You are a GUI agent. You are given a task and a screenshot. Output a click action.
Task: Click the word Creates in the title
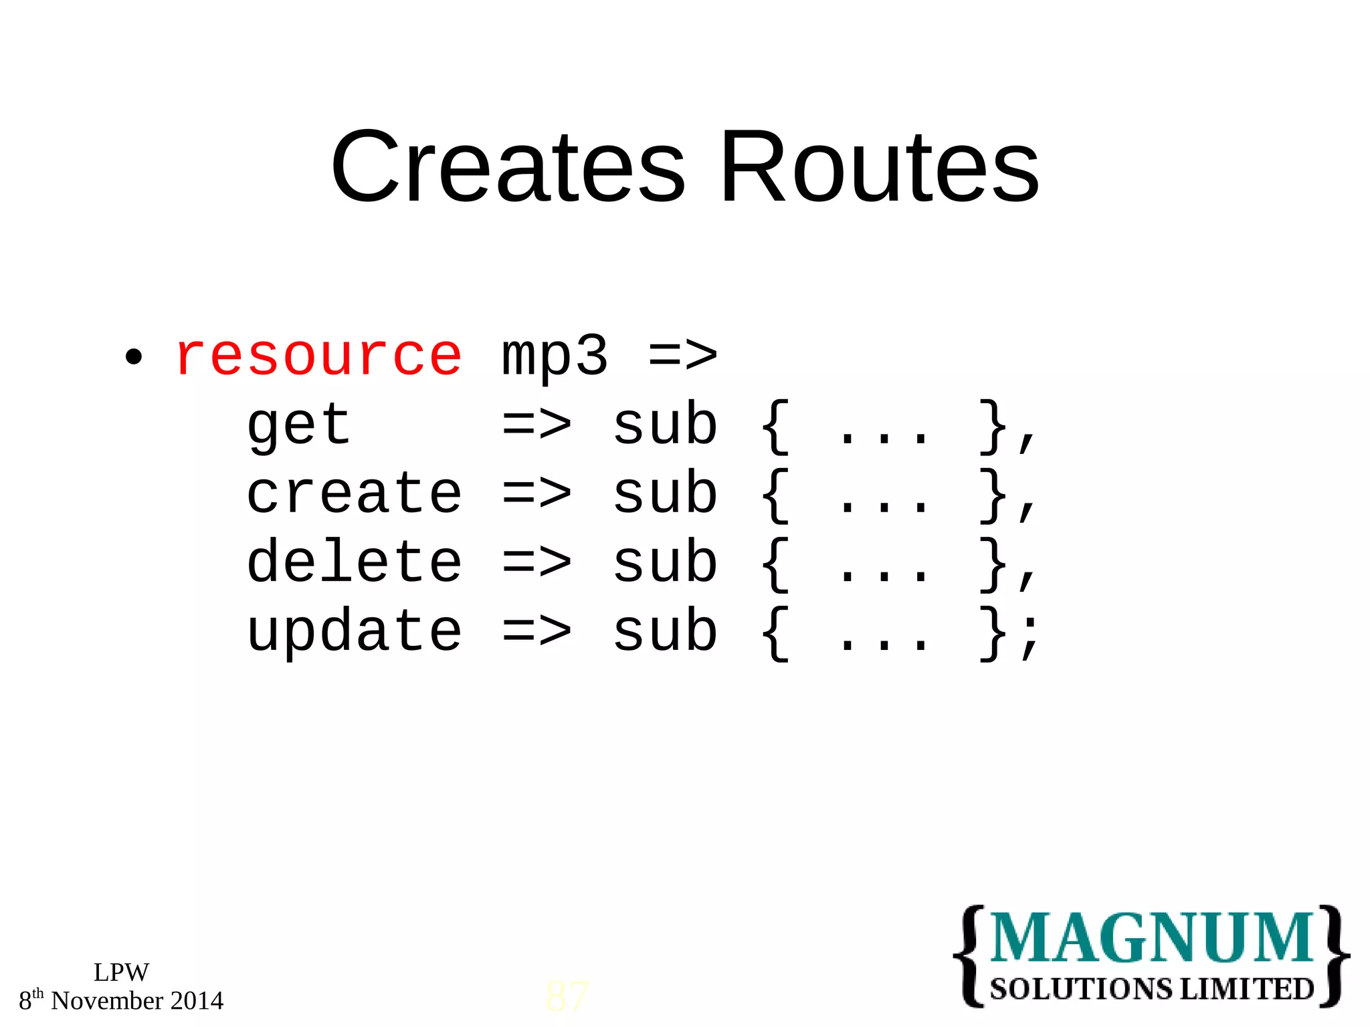coord(508,167)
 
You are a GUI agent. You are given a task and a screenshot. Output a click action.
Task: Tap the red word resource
coord(318,356)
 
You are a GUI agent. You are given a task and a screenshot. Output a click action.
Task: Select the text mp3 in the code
coord(555,357)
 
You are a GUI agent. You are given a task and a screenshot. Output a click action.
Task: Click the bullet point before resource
coord(134,357)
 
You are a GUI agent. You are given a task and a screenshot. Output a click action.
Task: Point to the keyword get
coord(298,426)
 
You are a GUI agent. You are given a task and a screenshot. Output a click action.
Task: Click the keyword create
coord(354,494)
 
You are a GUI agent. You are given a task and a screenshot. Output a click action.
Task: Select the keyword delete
coord(354,562)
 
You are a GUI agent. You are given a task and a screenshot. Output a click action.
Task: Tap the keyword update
coord(354,633)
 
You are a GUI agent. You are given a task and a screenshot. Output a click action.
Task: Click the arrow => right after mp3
coord(683,356)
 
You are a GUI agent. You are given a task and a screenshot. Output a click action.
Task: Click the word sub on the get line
coord(665,426)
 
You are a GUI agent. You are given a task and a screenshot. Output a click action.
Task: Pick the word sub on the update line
coord(665,632)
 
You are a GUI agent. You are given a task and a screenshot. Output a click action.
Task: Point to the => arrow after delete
coord(536,562)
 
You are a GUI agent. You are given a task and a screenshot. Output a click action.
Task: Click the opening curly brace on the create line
coord(775,495)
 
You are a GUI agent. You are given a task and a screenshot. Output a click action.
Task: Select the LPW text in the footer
coord(121,972)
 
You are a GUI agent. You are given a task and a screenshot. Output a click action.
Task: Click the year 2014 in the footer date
coord(197,1001)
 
